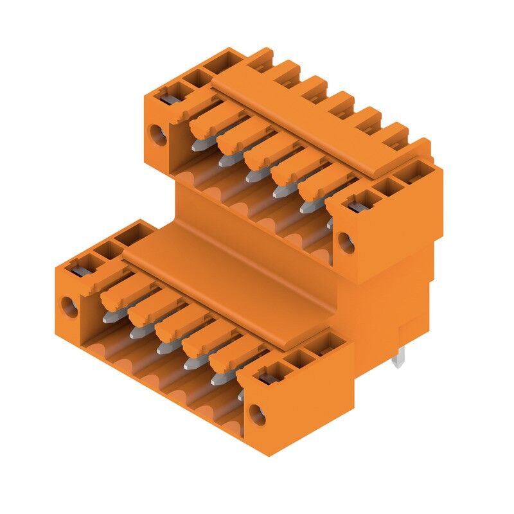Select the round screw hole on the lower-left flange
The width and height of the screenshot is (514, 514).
[x=69, y=306]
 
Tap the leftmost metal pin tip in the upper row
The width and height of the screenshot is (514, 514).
[x=197, y=146]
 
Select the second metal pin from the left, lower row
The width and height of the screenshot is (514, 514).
[x=134, y=333]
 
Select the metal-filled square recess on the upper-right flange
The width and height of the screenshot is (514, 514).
[x=355, y=206]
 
